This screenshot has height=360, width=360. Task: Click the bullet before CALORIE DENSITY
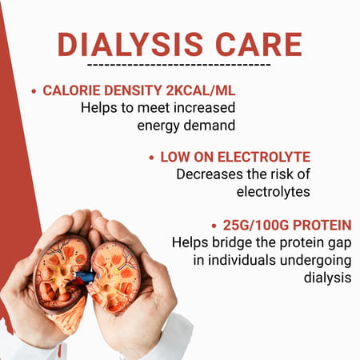pyautogui.click(x=34, y=91)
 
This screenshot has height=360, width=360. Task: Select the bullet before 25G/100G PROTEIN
pyautogui.click(x=214, y=225)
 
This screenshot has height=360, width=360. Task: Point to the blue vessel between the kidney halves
pyautogui.click(x=86, y=277)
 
